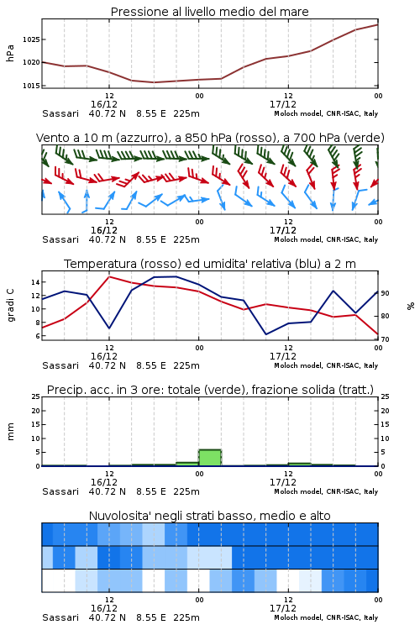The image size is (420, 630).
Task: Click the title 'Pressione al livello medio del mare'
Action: click(x=209, y=12)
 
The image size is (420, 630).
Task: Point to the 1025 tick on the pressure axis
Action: click(x=31, y=39)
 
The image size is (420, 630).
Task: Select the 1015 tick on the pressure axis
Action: click(x=31, y=86)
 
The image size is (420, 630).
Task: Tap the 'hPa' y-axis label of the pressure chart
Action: click(x=10, y=53)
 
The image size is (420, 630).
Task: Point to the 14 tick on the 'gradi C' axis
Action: click(x=35, y=282)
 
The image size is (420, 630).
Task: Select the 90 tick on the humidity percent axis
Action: click(x=385, y=293)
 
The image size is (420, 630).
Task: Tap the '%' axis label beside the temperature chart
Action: click(x=411, y=306)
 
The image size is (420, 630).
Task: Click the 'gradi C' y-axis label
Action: click(x=11, y=306)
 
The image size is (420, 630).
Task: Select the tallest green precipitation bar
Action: click(x=210, y=458)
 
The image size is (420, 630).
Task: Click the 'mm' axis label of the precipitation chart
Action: click(x=10, y=432)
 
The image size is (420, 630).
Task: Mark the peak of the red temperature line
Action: click(x=109, y=276)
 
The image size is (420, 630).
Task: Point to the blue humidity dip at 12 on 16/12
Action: click(x=109, y=328)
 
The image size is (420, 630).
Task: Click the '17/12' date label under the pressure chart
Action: click(x=283, y=104)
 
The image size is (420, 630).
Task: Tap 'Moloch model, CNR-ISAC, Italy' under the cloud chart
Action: click(x=326, y=617)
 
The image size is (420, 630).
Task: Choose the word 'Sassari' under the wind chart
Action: click(x=60, y=240)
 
